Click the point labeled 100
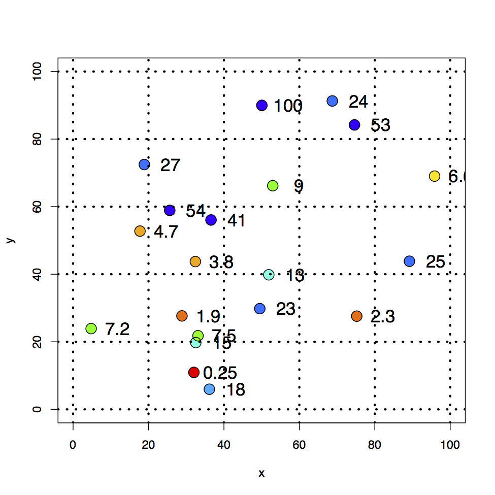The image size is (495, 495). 262,105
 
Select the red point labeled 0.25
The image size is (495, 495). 193,373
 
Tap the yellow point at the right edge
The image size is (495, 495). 435,176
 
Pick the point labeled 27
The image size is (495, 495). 144,164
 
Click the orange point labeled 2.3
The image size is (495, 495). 357,316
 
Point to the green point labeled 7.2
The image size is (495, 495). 91,328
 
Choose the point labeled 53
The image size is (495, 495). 354,125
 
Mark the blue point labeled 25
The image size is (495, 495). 410,261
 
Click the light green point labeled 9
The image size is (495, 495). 273,186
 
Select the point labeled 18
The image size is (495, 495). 209,389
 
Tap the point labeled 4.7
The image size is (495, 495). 140,231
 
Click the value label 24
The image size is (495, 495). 358,102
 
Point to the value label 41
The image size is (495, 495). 237,221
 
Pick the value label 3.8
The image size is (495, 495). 221,262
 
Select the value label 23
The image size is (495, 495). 285,309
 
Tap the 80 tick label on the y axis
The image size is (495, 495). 37,139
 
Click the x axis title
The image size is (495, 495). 261,474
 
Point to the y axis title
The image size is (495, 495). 10,240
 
